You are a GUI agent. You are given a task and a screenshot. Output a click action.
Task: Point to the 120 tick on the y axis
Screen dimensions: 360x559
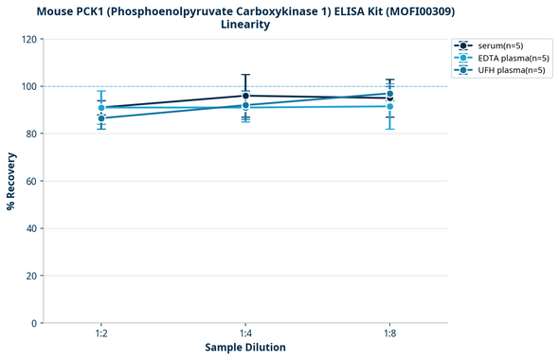click(31, 39)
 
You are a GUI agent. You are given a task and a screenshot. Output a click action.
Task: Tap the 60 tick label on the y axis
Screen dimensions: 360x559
click(34, 181)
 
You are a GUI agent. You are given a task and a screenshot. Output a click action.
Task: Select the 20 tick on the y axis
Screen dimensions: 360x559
click(34, 276)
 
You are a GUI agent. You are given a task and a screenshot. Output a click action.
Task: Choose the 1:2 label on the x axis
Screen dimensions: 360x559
click(101, 334)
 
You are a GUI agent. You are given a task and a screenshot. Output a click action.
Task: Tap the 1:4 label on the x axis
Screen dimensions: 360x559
click(245, 334)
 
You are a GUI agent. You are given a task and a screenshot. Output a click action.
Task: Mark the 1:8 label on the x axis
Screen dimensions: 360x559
click(389, 334)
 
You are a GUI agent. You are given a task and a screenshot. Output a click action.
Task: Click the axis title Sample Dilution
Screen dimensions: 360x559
click(245, 348)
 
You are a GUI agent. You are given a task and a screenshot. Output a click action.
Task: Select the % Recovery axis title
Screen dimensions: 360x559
click(11, 181)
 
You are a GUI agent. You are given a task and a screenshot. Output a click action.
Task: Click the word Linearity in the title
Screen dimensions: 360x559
click(244, 25)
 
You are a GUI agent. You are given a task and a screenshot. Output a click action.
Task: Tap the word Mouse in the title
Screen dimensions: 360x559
click(58, 10)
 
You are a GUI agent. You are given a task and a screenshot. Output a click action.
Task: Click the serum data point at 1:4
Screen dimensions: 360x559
click(245, 96)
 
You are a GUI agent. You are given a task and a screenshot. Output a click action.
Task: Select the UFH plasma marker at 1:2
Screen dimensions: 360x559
click(101, 118)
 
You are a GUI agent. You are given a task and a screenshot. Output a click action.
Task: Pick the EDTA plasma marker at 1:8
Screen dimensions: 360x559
click(389, 106)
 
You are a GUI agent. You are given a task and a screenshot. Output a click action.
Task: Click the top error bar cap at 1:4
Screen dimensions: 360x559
click(245, 75)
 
